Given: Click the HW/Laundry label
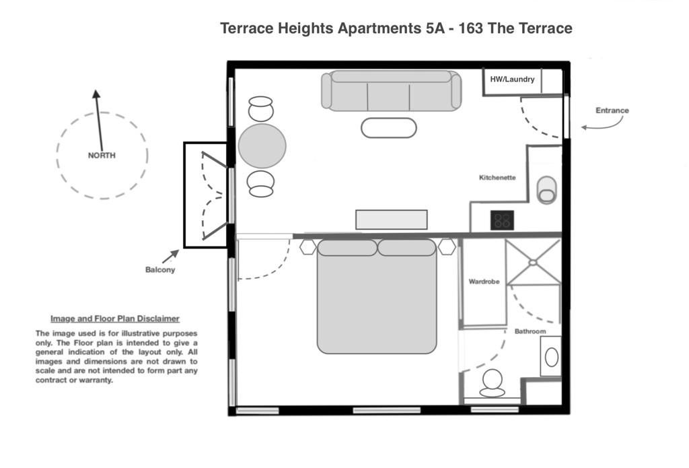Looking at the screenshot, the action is [x=512, y=79].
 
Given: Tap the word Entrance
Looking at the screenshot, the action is [x=612, y=110].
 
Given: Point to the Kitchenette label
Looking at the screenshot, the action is [x=497, y=178].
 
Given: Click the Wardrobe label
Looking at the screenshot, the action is [x=484, y=281].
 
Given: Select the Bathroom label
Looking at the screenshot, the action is [x=530, y=331].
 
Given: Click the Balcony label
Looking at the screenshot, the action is [x=160, y=269].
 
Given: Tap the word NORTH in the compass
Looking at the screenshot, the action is [x=102, y=156].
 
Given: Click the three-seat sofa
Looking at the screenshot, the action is [x=392, y=91].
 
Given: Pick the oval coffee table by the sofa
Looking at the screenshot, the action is [x=389, y=128].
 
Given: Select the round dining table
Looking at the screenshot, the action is [x=262, y=146].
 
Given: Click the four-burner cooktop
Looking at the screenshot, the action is [x=502, y=220].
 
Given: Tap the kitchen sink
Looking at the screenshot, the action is [x=546, y=190].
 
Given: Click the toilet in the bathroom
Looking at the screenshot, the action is [x=492, y=383].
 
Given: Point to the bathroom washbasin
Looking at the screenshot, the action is [x=552, y=357].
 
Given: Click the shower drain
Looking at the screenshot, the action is [x=533, y=263].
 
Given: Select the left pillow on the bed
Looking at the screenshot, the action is [x=347, y=248].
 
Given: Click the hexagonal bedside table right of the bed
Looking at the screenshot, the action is [x=447, y=246].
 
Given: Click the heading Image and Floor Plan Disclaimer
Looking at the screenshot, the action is [x=115, y=319].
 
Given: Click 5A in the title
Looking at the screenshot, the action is [x=435, y=28].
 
